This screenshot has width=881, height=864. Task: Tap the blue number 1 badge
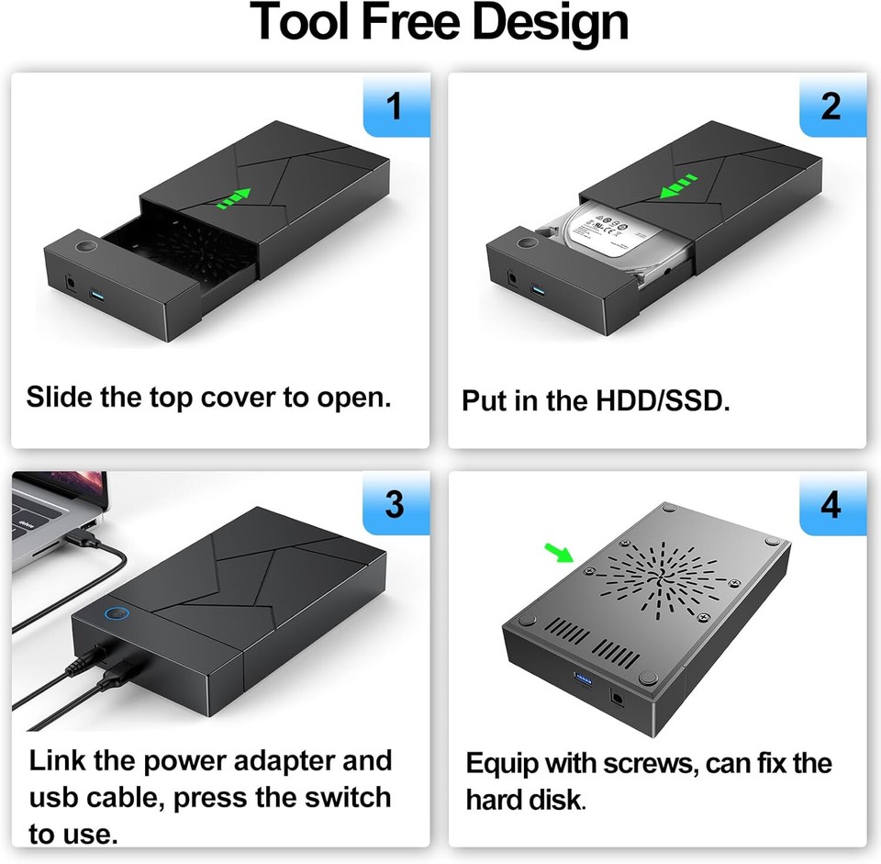[395, 106]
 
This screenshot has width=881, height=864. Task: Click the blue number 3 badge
[395, 504]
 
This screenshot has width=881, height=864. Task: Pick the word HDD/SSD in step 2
[664, 402]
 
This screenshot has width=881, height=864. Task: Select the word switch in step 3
[344, 796]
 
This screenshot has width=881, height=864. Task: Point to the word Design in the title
[541, 22]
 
